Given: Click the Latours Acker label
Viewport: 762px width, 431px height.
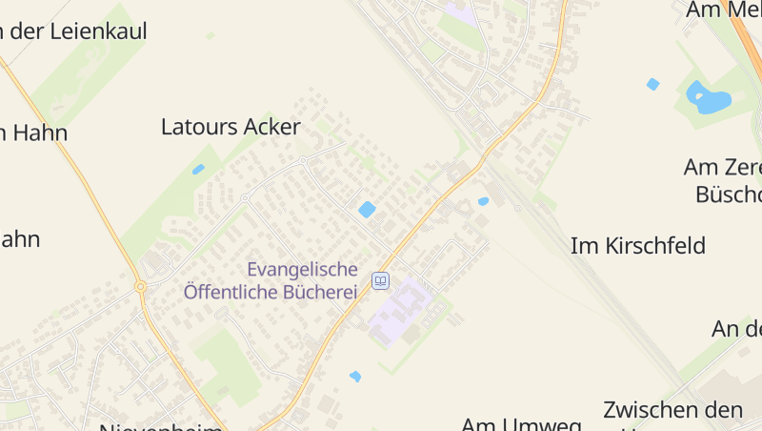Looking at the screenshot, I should (x=231, y=127).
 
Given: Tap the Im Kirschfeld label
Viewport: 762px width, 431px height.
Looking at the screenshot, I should (x=637, y=246).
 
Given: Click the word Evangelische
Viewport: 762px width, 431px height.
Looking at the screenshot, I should (x=302, y=270).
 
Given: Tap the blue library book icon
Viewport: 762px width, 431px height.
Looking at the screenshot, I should (x=381, y=280).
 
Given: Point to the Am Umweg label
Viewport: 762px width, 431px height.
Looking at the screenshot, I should (x=521, y=423).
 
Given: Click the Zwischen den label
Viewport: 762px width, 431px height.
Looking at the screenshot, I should (x=672, y=411).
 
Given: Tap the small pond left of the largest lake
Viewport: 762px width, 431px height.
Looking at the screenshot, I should (x=652, y=84).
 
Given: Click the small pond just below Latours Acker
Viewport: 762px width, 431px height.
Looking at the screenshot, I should (x=198, y=170).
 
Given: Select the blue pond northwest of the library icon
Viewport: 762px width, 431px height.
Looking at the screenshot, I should (x=367, y=210).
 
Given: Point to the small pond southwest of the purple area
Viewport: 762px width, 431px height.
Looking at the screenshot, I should (x=355, y=377).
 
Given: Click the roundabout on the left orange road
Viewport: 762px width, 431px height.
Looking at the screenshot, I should (x=140, y=286).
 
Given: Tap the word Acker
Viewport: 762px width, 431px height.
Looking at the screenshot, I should (x=271, y=127).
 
